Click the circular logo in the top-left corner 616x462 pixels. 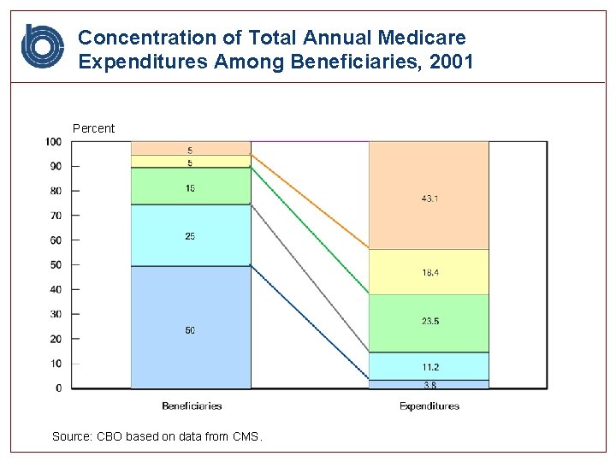pos(42,46)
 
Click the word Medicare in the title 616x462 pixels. pos(425,38)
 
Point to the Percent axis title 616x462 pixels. pos(93,128)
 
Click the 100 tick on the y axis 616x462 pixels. pos(54,141)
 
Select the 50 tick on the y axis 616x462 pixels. pos(56,265)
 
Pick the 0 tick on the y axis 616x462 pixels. pos(59,388)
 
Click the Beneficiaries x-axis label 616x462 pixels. pos(192,406)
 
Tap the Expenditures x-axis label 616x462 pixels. pos(429,406)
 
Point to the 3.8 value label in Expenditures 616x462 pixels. pos(429,384)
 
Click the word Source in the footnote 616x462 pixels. pos(71,436)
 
